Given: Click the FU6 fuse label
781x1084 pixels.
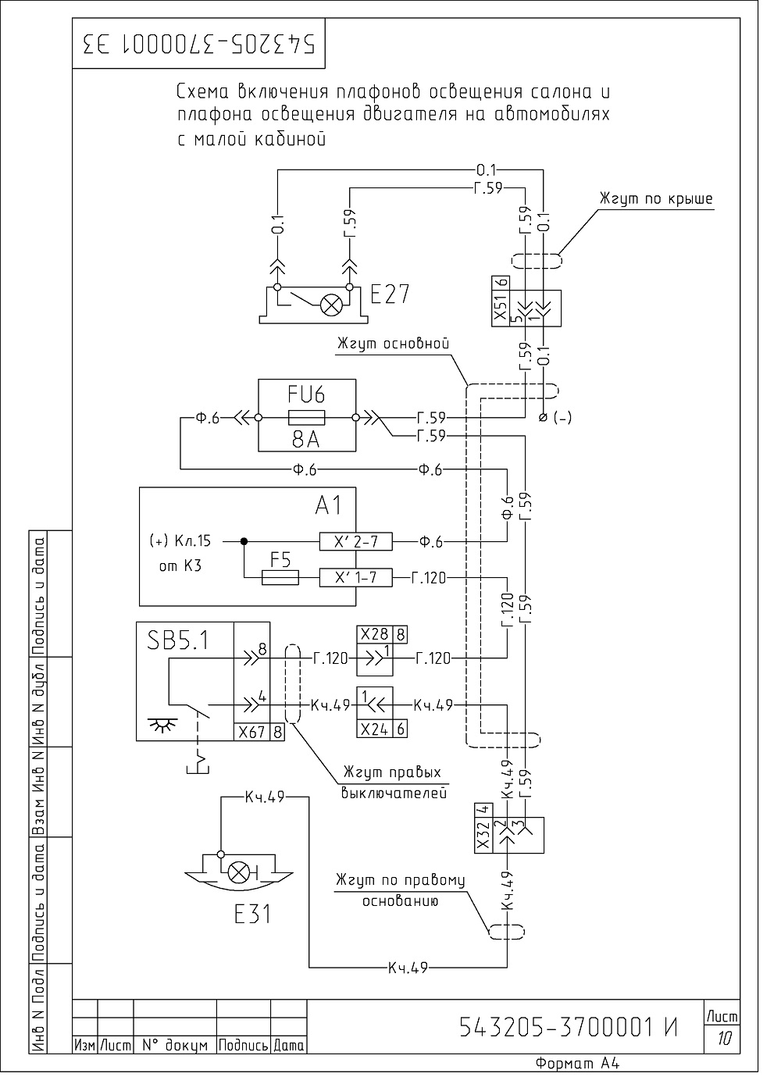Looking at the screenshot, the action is pyautogui.click(x=306, y=394).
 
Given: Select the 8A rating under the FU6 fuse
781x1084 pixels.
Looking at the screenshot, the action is pyautogui.click(x=306, y=440).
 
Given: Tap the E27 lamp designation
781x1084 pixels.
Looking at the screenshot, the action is pyautogui.click(x=390, y=294).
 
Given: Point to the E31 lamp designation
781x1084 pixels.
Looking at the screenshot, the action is pyautogui.click(x=252, y=914).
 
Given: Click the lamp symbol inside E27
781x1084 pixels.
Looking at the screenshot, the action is pyautogui.click(x=332, y=305).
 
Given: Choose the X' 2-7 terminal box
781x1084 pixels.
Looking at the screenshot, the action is pyautogui.click(x=355, y=541).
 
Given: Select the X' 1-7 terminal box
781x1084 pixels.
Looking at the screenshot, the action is pyautogui.click(x=355, y=577).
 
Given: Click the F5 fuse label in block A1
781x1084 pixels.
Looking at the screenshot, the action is pyautogui.click(x=280, y=561).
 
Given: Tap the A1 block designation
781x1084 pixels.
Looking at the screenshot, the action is pyautogui.click(x=329, y=506).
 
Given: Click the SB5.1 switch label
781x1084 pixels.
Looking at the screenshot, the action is pyautogui.click(x=179, y=642).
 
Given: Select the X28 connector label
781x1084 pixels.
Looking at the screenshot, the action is pyautogui.click(x=375, y=634).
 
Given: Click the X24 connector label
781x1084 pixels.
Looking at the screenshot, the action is pyautogui.click(x=375, y=729).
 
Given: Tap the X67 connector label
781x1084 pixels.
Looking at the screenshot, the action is pyautogui.click(x=252, y=732).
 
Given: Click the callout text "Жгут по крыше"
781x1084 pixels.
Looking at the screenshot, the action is pyautogui.click(x=656, y=199).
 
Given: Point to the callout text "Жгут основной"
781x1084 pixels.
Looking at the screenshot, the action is pyautogui.click(x=394, y=343).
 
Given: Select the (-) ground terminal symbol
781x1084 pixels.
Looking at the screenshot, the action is pyautogui.click(x=544, y=417).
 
